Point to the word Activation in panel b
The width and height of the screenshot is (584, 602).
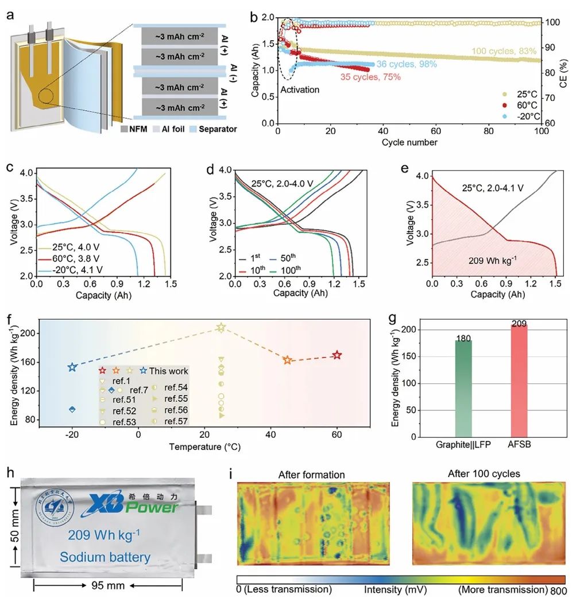300,90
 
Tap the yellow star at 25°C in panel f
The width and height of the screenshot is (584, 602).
221,328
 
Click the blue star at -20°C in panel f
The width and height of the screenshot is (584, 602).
72,367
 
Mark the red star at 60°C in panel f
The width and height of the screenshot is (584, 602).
337,356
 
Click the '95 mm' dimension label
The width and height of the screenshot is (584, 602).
107,586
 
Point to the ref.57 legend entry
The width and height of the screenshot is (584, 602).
176,421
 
